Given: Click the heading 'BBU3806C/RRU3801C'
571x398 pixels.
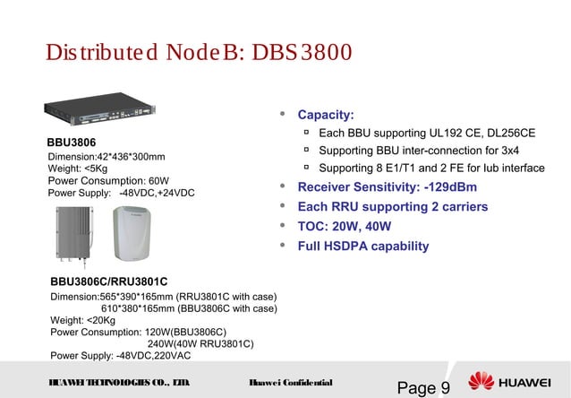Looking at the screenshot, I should point(108,282).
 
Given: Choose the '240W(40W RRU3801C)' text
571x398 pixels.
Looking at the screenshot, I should point(200,342).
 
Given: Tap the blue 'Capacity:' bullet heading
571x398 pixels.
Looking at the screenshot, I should point(326,116).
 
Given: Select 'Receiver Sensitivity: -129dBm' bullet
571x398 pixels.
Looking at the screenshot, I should point(387,187).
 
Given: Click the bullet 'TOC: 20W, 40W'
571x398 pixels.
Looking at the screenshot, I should point(345,227).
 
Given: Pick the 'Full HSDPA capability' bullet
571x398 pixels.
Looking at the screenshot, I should point(362,247).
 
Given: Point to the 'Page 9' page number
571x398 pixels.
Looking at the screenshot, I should point(423,387).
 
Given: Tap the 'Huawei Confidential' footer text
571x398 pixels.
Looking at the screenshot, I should point(291,383).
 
